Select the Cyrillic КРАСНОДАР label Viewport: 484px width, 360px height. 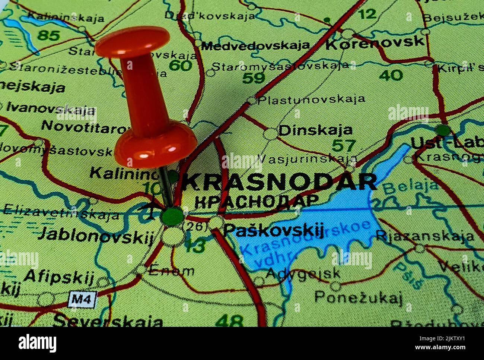click(x=257, y=201)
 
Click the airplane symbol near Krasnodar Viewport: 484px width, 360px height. click(x=150, y=208)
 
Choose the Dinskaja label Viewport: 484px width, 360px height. click(x=315, y=130)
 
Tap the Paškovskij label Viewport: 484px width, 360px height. click(x=274, y=230)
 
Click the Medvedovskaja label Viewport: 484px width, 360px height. click(x=255, y=45)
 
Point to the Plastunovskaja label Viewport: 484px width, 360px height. click(x=311, y=99)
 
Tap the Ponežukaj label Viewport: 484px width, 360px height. click(x=359, y=297)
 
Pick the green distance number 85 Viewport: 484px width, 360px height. click(x=49, y=36)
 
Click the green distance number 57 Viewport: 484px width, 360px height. click(x=343, y=145)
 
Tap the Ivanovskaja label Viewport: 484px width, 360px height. click(x=51, y=108)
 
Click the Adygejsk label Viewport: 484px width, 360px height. click(x=303, y=273)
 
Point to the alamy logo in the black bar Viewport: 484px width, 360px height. click(x=38, y=343)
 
